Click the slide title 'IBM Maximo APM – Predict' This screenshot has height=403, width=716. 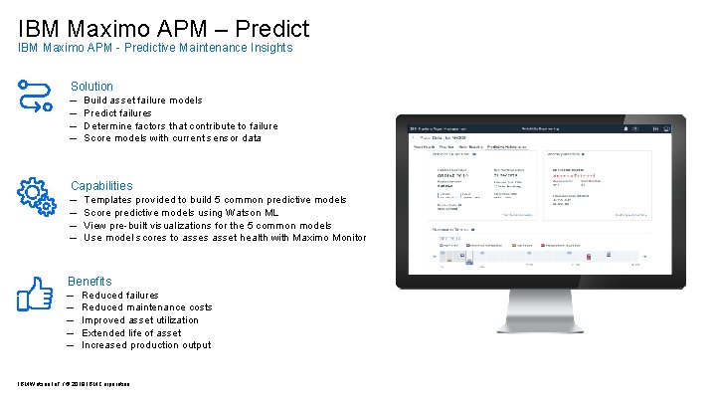point(164,28)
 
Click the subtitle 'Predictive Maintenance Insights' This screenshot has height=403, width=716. point(155,48)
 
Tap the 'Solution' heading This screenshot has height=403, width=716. point(91,87)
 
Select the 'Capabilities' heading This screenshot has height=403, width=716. point(100,186)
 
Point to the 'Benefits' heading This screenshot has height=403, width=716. point(89,282)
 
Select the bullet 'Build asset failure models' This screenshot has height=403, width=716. point(142,101)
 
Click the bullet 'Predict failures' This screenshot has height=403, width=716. point(117,113)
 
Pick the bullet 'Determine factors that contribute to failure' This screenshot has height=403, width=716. point(180,126)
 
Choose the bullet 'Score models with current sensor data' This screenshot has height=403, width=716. point(172,138)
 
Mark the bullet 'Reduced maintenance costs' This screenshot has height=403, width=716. point(146,307)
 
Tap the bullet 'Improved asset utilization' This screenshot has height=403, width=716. point(139,320)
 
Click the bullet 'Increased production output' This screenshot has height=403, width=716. point(145,345)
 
